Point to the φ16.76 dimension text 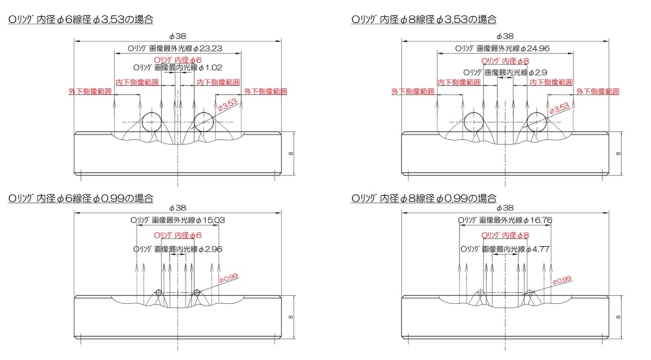(537, 221)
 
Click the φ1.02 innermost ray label (212, 68)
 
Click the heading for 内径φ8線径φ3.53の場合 (424, 20)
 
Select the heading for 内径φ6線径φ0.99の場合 (80, 199)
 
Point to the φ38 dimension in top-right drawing (505, 36)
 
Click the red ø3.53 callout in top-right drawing (559, 108)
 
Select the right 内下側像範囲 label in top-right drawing (551, 82)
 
